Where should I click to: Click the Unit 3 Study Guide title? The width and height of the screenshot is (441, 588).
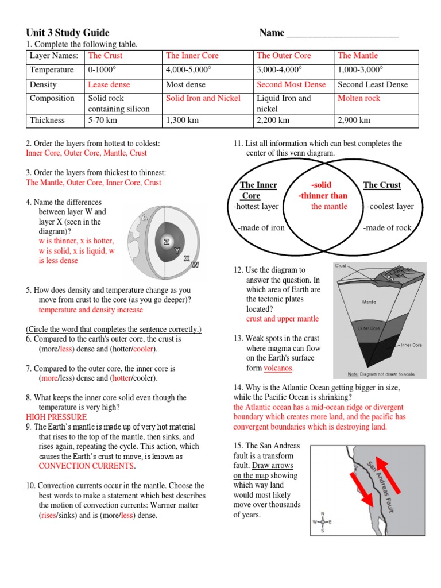68,33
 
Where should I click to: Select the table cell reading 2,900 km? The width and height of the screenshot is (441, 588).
354,121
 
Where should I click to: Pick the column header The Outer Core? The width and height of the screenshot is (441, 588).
284,56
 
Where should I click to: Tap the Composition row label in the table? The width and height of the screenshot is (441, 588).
52,98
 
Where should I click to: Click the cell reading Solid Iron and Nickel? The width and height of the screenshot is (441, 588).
203,98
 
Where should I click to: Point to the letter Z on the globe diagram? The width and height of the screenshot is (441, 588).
166,242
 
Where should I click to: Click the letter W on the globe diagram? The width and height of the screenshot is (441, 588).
195,265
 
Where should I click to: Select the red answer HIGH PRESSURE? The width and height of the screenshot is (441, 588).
56,417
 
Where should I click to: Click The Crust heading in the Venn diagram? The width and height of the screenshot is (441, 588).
382,185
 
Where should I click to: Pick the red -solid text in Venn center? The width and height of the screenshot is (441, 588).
321,185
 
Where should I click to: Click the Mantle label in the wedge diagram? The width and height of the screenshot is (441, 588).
369,301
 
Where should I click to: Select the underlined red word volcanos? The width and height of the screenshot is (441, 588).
278,367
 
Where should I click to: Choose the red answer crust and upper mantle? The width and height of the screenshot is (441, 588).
282,319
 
